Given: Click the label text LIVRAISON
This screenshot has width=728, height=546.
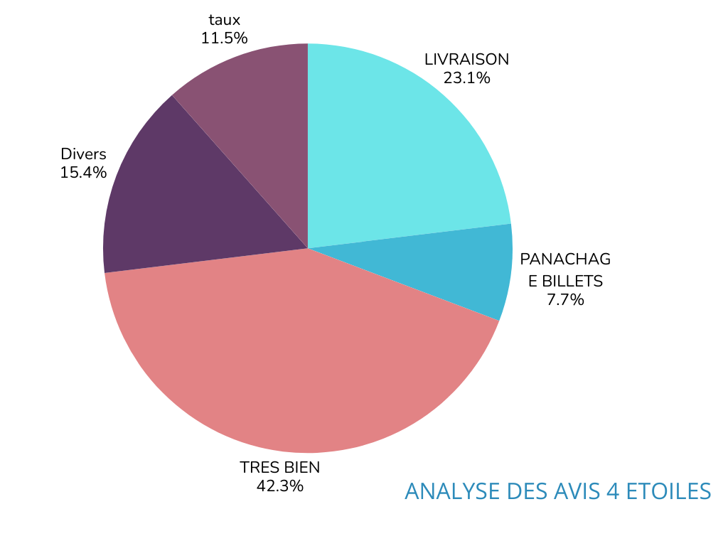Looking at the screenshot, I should (466, 60).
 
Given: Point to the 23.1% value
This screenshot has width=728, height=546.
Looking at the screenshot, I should (466, 78).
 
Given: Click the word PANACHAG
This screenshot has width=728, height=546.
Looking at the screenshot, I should (565, 259).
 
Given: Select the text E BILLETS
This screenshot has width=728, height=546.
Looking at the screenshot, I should (565, 282).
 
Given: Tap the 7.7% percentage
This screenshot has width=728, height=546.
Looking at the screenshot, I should (565, 300).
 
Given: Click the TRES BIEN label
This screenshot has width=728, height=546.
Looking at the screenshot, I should (279, 468).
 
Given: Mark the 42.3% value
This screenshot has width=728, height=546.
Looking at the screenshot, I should (279, 486).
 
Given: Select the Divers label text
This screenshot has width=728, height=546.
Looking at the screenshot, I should (83, 154).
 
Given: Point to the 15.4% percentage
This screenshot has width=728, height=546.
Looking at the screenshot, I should (83, 173).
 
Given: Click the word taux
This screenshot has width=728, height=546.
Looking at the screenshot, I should (224, 20).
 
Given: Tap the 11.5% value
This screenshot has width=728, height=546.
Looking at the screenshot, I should (224, 38).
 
